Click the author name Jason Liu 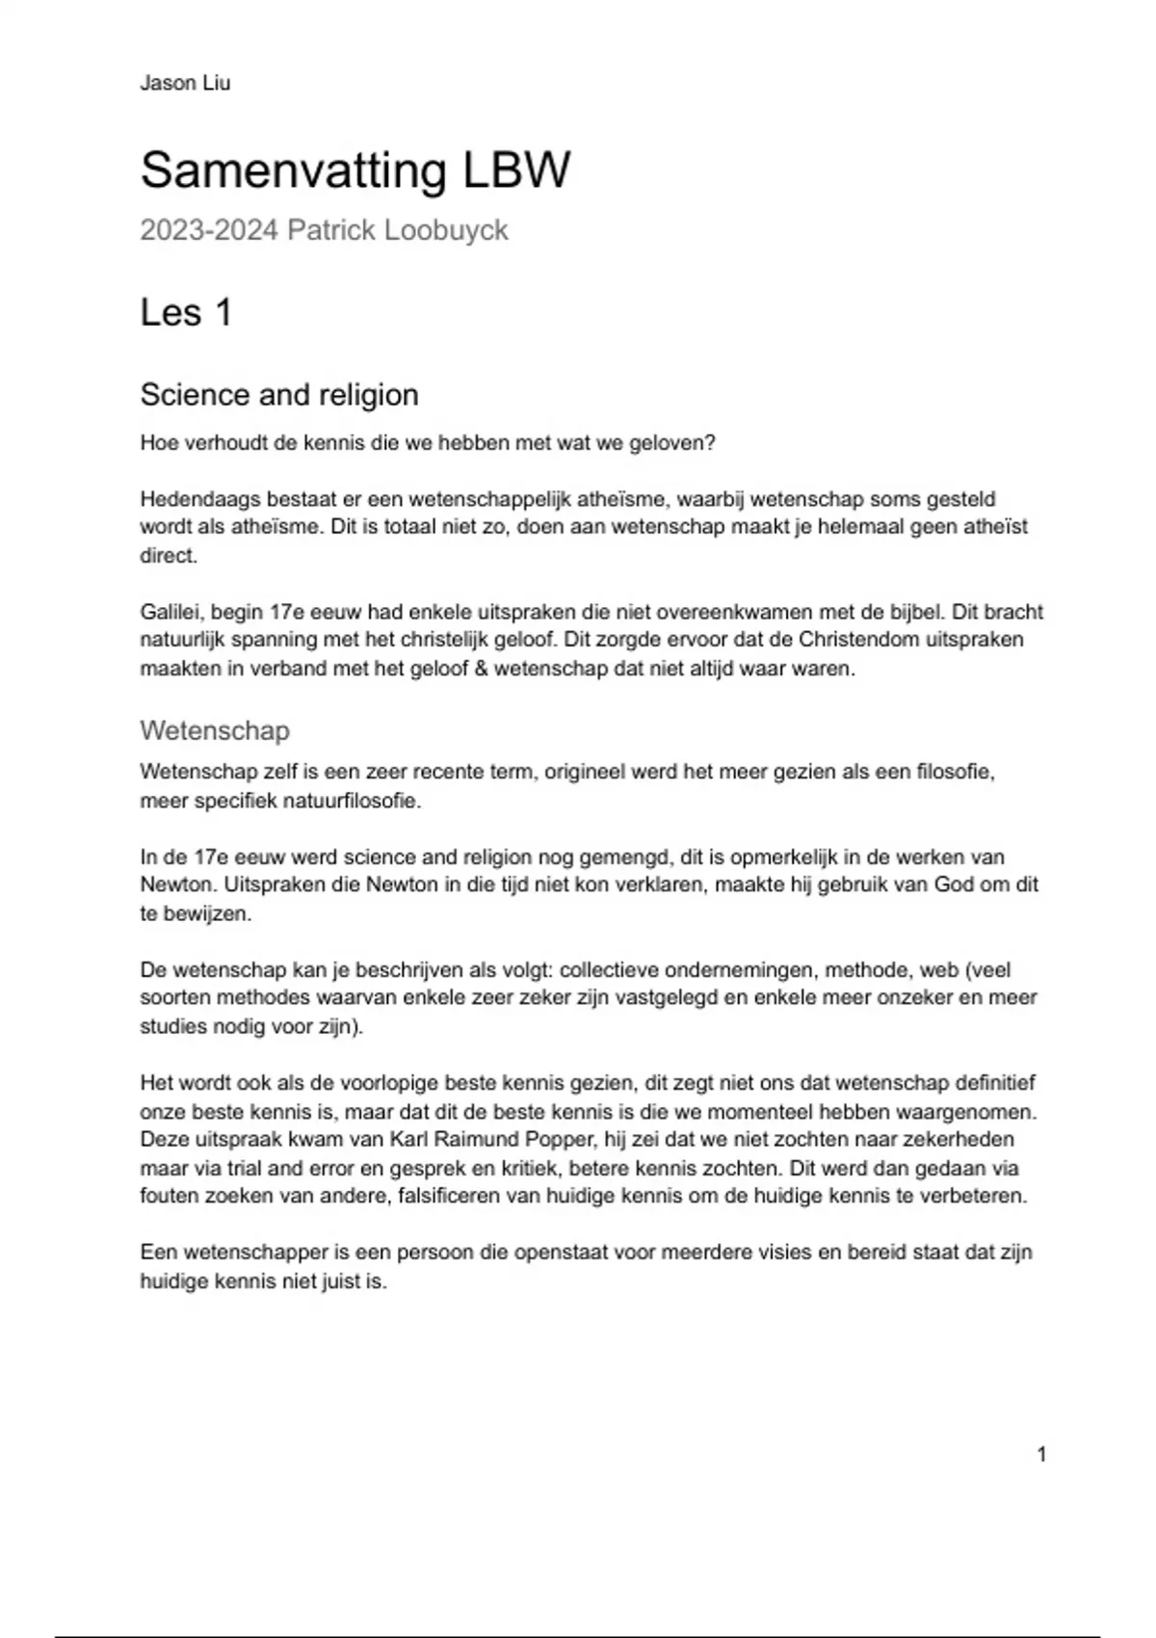[x=185, y=83]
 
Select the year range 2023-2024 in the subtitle [x=209, y=230]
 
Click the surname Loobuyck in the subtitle [x=446, y=231]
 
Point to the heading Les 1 [x=186, y=312]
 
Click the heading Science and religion [x=279, y=394]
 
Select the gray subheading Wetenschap [x=215, y=730]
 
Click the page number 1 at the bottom [x=1041, y=1454]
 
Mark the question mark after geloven [x=710, y=443]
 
